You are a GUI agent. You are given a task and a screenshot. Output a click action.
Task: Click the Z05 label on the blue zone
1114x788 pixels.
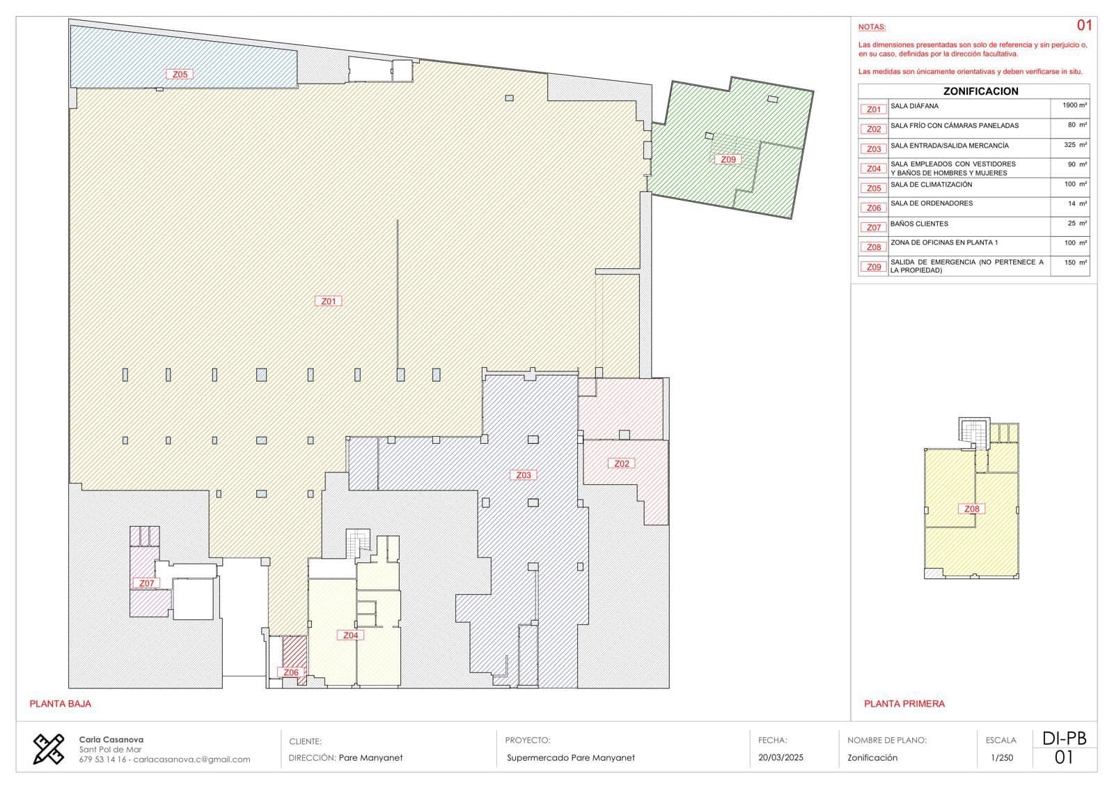point(180,74)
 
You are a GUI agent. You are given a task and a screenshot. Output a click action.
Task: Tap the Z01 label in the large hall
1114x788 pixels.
point(328,301)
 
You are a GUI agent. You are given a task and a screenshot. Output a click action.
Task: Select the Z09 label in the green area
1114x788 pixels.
point(728,160)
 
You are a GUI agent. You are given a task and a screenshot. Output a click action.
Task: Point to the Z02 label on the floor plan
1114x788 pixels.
point(622,463)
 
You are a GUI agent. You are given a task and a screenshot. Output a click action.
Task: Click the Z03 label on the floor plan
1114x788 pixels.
point(523,475)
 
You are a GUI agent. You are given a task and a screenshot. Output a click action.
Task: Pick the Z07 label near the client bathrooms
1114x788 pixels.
point(146,583)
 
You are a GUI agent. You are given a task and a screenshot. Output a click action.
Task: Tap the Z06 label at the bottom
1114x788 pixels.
point(291,672)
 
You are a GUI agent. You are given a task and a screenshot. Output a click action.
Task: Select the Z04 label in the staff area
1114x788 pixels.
point(351,635)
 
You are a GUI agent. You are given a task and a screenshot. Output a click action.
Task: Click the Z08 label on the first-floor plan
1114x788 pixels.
point(972,509)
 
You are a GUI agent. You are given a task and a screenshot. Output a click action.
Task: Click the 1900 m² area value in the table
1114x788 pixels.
point(1074,105)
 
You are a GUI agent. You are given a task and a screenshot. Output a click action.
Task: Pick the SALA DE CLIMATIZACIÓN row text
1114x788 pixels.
point(931,184)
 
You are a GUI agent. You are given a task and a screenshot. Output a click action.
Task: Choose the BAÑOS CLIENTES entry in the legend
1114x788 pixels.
point(919,224)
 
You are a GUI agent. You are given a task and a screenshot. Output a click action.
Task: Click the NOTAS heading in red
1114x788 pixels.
point(872,27)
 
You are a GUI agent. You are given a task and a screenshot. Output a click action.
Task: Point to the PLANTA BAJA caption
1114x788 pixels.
point(60,704)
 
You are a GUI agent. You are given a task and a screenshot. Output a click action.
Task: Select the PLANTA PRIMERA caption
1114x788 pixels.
point(904,704)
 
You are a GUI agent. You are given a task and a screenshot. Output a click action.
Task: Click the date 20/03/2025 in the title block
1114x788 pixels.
point(780,757)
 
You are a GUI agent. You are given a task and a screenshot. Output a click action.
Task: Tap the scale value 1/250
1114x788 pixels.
point(1002,757)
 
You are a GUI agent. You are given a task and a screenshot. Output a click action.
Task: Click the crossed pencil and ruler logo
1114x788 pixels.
point(48,749)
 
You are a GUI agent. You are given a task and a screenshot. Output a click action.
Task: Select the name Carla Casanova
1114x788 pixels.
point(111,739)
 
